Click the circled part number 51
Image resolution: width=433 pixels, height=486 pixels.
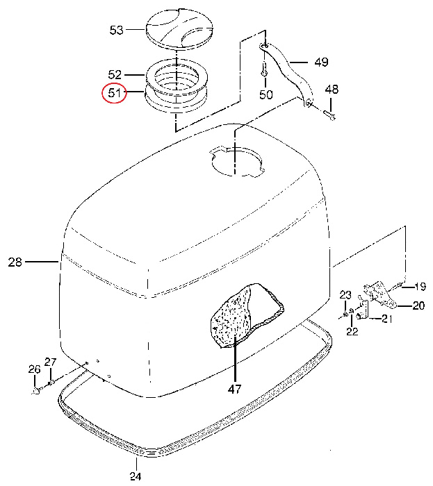pyautogui.click(x=115, y=92)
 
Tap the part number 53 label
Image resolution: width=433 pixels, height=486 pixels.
pyautogui.click(x=117, y=30)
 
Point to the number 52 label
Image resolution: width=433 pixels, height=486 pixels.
pyautogui.click(x=115, y=75)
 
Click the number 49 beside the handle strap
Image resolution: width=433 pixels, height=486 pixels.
pyautogui.click(x=321, y=62)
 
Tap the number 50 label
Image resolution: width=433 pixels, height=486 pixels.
pyautogui.click(x=265, y=94)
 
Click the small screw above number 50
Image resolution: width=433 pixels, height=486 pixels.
pyautogui.click(x=265, y=70)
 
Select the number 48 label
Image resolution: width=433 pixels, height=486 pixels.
pyautogui.click(x=332, y=90)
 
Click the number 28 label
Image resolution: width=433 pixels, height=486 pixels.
pyautogui.click(x=15, y=262)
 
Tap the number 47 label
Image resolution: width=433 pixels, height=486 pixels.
pyautogui.click(x=234, y=389)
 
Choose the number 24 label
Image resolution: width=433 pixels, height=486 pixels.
pyautogui.click(x=136, y=476)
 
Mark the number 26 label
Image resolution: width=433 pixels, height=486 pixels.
pyautogui.click(x=34, y=369)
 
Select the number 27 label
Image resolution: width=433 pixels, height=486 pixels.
pyautogui.click(x=50, y=362)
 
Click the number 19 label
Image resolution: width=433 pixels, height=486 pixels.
pyautogui.click(x=420, y=287)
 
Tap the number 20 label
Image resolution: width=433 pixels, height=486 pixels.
pyautogui.click(x=418, y=306)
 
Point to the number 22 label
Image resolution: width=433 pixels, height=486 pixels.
pyautogui.click(x=352, y=331)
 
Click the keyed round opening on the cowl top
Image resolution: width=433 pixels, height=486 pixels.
pyautogui.click(x=236, y=161)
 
